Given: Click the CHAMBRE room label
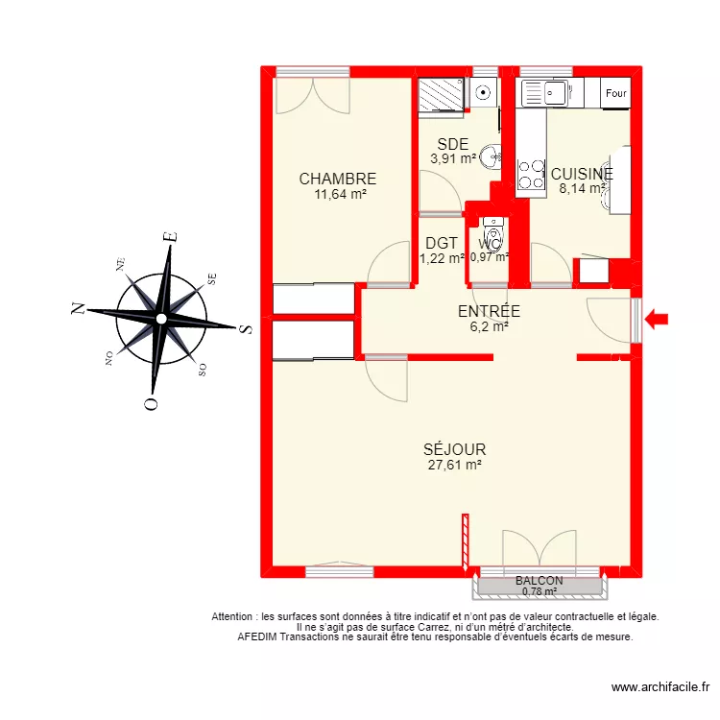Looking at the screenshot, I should (x=337, y=179).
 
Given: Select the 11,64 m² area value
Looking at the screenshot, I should (x=340, y=194).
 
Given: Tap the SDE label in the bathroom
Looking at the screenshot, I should (x=453, y=144).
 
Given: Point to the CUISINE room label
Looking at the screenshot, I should (x=581, y=174).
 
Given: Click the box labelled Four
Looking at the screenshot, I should (x=615, y=93).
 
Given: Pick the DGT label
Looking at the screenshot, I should (x=442, y=243).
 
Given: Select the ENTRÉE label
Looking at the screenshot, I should (x=489, y=311).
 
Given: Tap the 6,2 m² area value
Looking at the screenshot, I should (x=489, y=326).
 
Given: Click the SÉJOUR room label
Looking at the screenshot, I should (x=454, y=449).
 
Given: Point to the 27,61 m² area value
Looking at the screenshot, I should (x=454, y=465).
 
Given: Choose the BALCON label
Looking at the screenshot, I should (x=539, y=581).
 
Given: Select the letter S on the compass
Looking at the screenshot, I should (x=246, y=328).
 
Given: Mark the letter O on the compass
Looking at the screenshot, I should (x=150, y=403).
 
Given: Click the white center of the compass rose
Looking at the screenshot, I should (x=161, y=318).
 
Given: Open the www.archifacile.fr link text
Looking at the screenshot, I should (x=660, y=687).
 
